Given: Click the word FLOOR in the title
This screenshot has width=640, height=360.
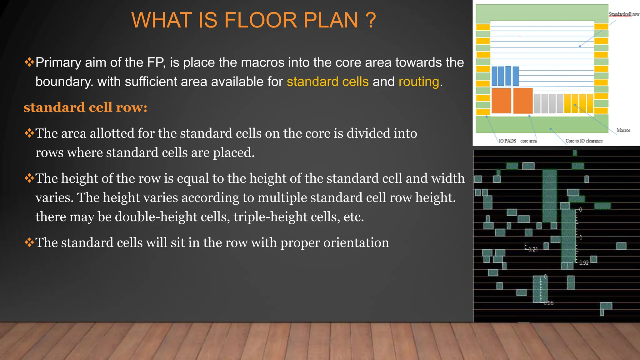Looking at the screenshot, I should click(x=260, y=20).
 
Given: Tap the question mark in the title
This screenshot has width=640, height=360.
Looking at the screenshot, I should click(x=370, y=20).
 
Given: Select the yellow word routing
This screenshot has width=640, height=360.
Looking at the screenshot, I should click(x=419, y=82).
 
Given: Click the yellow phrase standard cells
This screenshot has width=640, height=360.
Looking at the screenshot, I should click(x=327, y=82).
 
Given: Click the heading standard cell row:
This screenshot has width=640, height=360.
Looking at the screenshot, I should click(x=85, y=107).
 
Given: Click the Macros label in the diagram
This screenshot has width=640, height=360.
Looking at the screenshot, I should click(x=623, y=130).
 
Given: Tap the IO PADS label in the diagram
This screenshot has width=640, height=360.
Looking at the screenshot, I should click(x=507, y=141).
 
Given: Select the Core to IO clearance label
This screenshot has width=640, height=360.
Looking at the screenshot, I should click(x=584, y=141).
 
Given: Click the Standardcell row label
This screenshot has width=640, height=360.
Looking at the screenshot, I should click(x=624, y=14).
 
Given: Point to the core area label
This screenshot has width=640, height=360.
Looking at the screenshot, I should click(x=528, y=141).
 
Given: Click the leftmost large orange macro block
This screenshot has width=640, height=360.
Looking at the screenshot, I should click(x=501, y=101).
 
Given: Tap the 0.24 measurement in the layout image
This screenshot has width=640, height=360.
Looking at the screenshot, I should click(x=533, y=249).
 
